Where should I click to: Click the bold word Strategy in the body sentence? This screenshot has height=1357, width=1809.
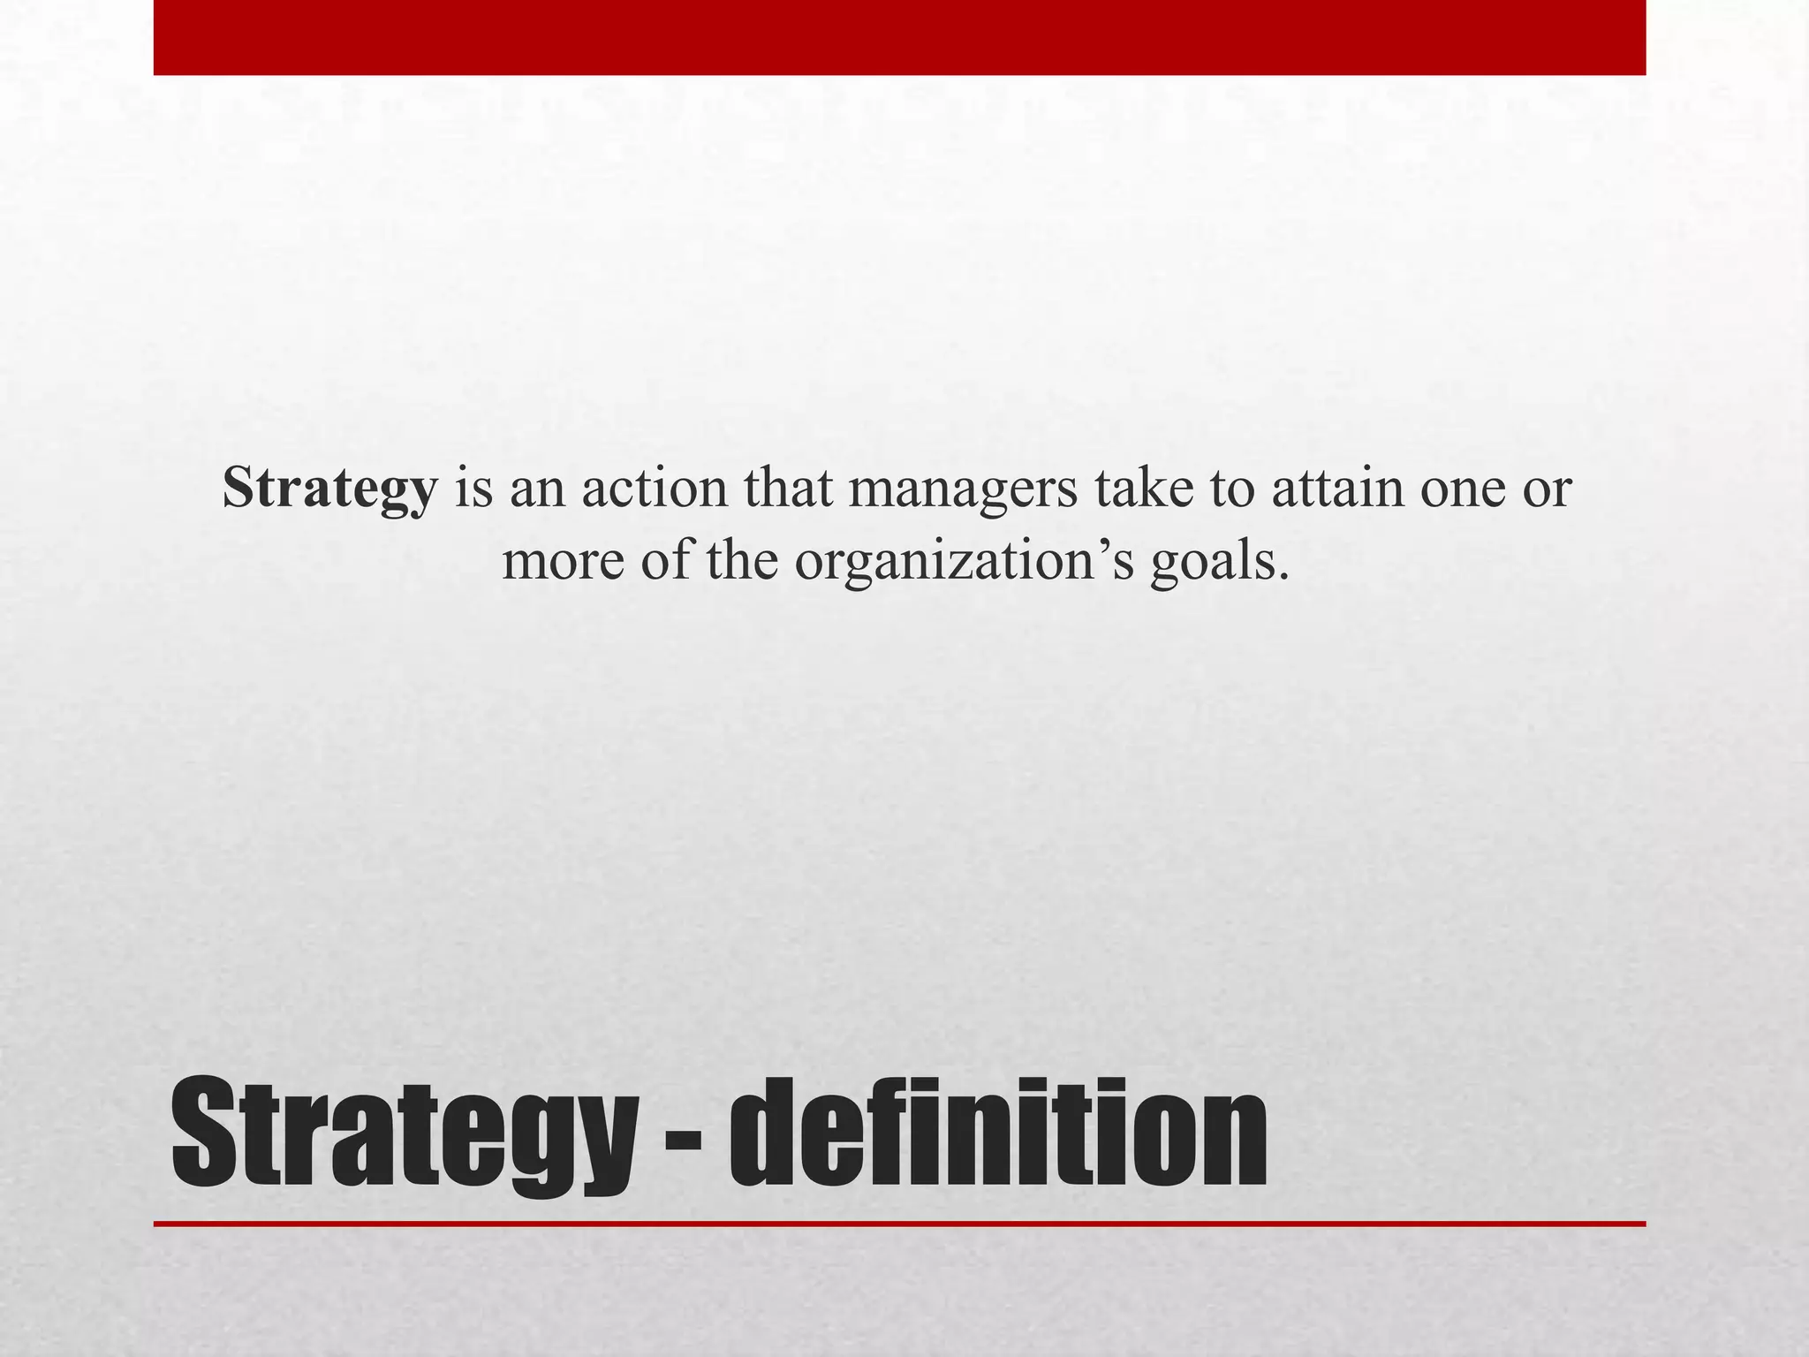pos(329,488)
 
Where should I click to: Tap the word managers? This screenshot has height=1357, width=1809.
pos(963,488)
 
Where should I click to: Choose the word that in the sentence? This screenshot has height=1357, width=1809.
pos(788,488)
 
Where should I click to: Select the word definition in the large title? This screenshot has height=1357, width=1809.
pos(998,1133)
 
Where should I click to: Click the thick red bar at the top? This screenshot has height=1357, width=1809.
pos(899,37)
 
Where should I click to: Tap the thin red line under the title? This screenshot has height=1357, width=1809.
pos(899,1224)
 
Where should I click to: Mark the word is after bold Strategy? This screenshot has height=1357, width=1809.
pos(473,488)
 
